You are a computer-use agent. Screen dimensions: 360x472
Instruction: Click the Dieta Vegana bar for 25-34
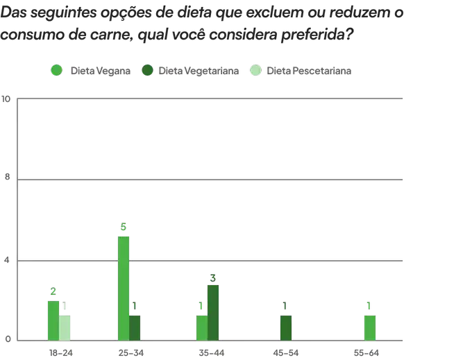(x=124, y=288)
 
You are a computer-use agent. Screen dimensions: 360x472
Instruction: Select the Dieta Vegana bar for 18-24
(x=53, y=320)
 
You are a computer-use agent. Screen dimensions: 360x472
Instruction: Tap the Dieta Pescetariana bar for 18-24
(x=65, y=327)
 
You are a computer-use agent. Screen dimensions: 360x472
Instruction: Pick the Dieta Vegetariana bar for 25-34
(x=135, y=327)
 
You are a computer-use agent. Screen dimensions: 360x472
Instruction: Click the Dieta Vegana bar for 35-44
(x=201, y=327)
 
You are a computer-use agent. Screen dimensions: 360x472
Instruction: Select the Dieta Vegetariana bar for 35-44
(x=213, y=312)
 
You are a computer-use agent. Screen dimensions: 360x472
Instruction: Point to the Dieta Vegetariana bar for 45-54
(x=285, y=327)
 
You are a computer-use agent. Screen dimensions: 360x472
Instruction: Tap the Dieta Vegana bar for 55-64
(x=369, y=327)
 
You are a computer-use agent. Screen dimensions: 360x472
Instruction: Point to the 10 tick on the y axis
(x=6, y=99)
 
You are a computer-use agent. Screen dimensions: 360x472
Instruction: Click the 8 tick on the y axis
(x=8, y=178)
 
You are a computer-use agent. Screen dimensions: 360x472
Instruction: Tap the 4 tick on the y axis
(x=8, y=260)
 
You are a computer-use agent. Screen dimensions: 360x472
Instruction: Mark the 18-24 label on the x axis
(x=60, y=353)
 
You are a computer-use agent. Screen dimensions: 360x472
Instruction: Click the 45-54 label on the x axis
(x=285, y=353)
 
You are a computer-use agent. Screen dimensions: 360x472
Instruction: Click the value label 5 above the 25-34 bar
(x=124, y=228)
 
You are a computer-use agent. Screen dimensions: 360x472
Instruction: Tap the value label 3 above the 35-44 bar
(x=213, y=277)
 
